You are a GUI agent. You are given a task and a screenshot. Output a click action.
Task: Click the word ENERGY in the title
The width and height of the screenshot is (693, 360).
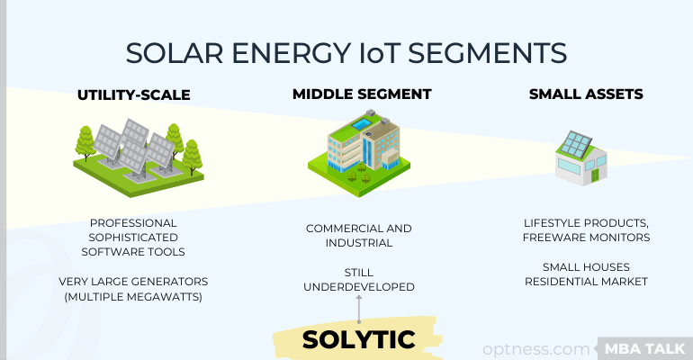point(292,53)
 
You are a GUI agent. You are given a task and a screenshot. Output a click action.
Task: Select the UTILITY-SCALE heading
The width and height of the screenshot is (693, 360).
point(134,95)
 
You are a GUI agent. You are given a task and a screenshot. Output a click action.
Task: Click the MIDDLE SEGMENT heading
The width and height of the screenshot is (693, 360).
point(362,94)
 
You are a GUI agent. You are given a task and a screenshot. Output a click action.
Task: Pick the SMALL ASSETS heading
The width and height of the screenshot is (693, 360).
point(586,94)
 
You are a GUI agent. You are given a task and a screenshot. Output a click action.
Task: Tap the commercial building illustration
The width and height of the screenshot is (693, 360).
point(359,153)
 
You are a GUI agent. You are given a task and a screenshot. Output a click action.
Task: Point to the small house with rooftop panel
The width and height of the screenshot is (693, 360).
point(581,157)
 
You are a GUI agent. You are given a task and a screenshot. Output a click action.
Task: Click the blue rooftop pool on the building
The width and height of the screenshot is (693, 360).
point(362,123)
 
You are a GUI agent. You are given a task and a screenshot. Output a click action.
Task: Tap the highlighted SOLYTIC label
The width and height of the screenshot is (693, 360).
point(358,339)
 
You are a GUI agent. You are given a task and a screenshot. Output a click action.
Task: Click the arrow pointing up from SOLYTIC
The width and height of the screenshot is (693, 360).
point(359,310)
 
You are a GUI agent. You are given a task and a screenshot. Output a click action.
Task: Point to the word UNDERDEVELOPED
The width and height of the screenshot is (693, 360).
point(359,287)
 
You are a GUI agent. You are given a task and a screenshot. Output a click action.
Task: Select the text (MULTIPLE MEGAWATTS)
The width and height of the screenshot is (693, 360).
point(133,297)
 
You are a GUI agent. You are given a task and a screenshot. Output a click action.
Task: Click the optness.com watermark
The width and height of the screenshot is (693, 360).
point(536,348)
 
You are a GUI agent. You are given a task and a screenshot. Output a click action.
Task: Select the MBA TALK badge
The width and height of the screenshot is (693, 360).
point(644,348)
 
